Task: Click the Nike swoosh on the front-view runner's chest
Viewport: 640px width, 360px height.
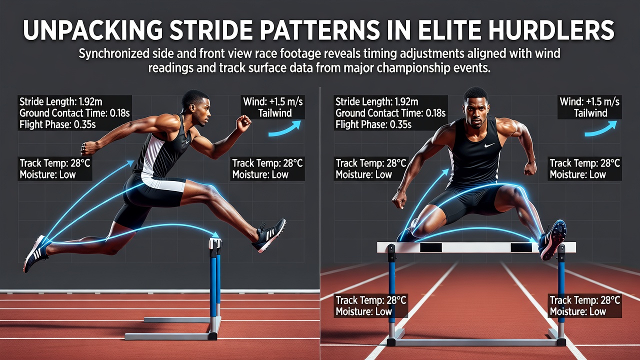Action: [489, 145]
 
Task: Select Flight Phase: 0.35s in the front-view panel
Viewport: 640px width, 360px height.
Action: [373, 124]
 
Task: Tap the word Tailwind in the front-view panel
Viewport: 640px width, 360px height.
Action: [590, 113]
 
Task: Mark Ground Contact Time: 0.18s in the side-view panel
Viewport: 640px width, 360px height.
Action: [74, 113]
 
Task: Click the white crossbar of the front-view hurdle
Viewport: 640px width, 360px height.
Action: [476, 247]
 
